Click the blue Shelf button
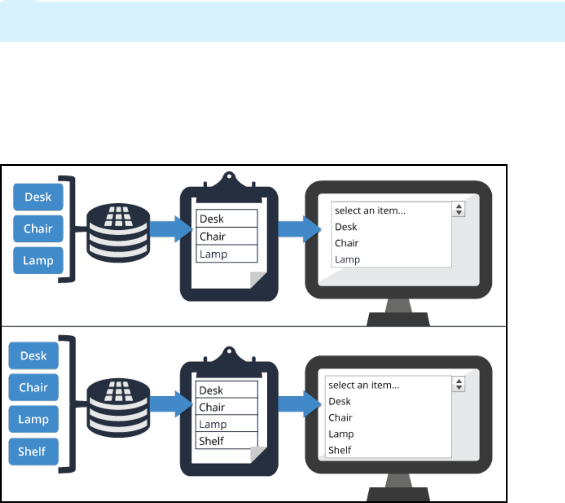tap(34, 451)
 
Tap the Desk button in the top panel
tap(38, 197)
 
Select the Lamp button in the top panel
tap(38, 260)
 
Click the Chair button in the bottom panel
tap(34, 388)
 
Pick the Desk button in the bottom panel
tap(34, 356)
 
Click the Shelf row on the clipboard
tap(227, 441)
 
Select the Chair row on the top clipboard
tap(227, 236)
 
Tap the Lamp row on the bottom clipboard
tap(227, 424)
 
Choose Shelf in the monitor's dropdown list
tap(339, 450)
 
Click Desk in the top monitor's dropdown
tap(346, 227)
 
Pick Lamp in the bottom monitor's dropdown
tap(341, 434)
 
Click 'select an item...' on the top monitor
tap(370, 210)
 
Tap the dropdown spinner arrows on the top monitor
tap(459, 210)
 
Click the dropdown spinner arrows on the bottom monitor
tap(459, 385)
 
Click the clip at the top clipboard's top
tap(229, 182)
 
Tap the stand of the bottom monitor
tap(398, 486)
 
